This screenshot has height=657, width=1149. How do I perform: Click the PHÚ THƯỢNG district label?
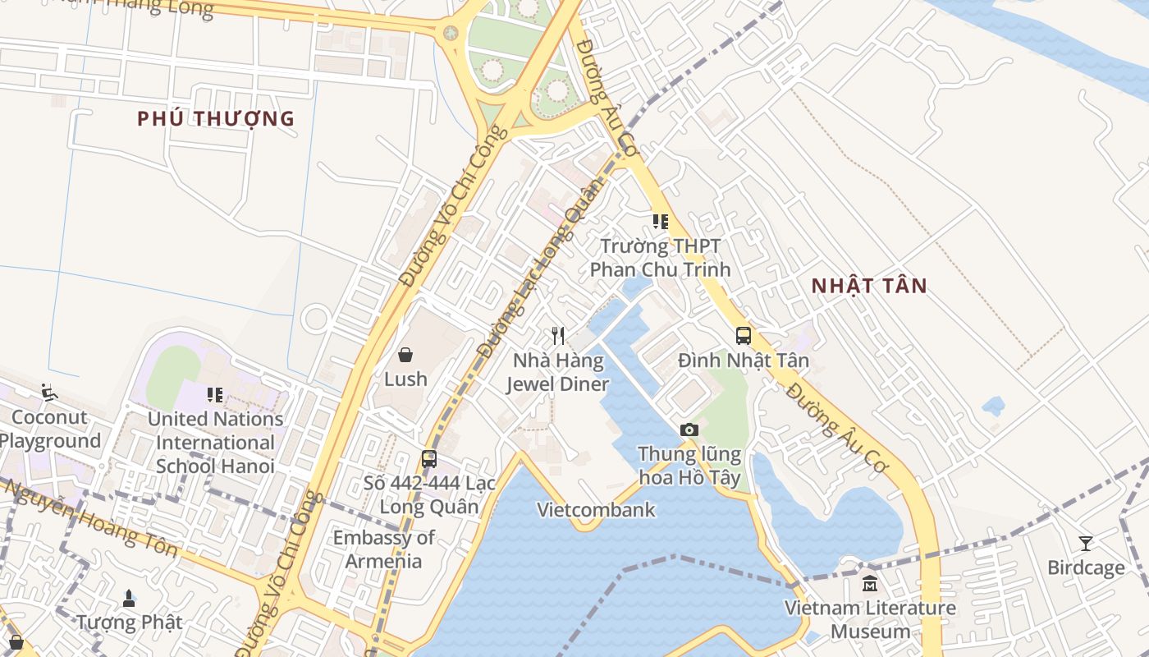[215, 118]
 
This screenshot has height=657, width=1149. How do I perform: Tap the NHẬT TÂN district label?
[869, 286]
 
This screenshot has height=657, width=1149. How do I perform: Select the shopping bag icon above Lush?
[405, 355]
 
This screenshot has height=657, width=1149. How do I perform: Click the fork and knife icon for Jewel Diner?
[558, 335]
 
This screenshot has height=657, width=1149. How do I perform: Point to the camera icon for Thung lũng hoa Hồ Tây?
[689, 430]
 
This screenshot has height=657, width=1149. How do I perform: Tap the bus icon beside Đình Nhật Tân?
[744, 336]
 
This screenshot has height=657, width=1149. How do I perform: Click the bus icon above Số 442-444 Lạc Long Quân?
[429, 459]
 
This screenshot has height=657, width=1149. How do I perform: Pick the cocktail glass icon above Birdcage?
[1086, 544]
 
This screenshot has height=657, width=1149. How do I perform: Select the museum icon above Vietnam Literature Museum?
[870, 584]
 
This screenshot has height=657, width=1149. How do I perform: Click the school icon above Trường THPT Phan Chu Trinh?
[660, 222]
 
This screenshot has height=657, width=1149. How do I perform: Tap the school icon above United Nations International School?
[215, 395]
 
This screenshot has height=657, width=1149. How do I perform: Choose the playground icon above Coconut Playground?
[48, 392]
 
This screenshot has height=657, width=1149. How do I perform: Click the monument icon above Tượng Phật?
[129, 598]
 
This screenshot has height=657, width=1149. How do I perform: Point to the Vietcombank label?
[596, 510]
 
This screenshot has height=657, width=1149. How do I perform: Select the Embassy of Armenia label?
[383, 549]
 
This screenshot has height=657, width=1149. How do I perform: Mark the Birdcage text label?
[1086, 568]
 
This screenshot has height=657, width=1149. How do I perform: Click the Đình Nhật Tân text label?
[744, 361]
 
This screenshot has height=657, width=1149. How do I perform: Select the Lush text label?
[405, 379]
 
